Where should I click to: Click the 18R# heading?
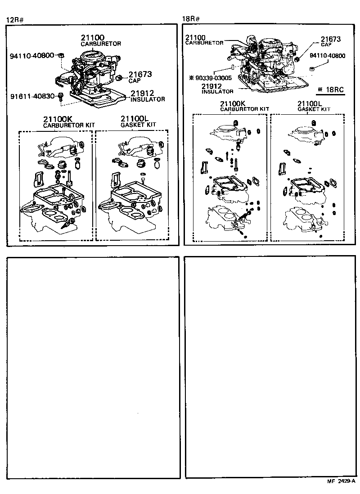(191, 19)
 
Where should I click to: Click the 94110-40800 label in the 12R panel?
(32, 55)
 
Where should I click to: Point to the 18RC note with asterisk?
(330, 90)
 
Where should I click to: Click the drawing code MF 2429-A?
(341, 482)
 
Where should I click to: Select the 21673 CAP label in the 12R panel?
(140, 77)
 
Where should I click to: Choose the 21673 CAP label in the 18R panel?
(331, 41)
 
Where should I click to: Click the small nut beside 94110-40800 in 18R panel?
(311, 68)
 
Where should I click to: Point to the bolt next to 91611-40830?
(62, 96)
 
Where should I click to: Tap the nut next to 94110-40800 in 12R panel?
(62, 55)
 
